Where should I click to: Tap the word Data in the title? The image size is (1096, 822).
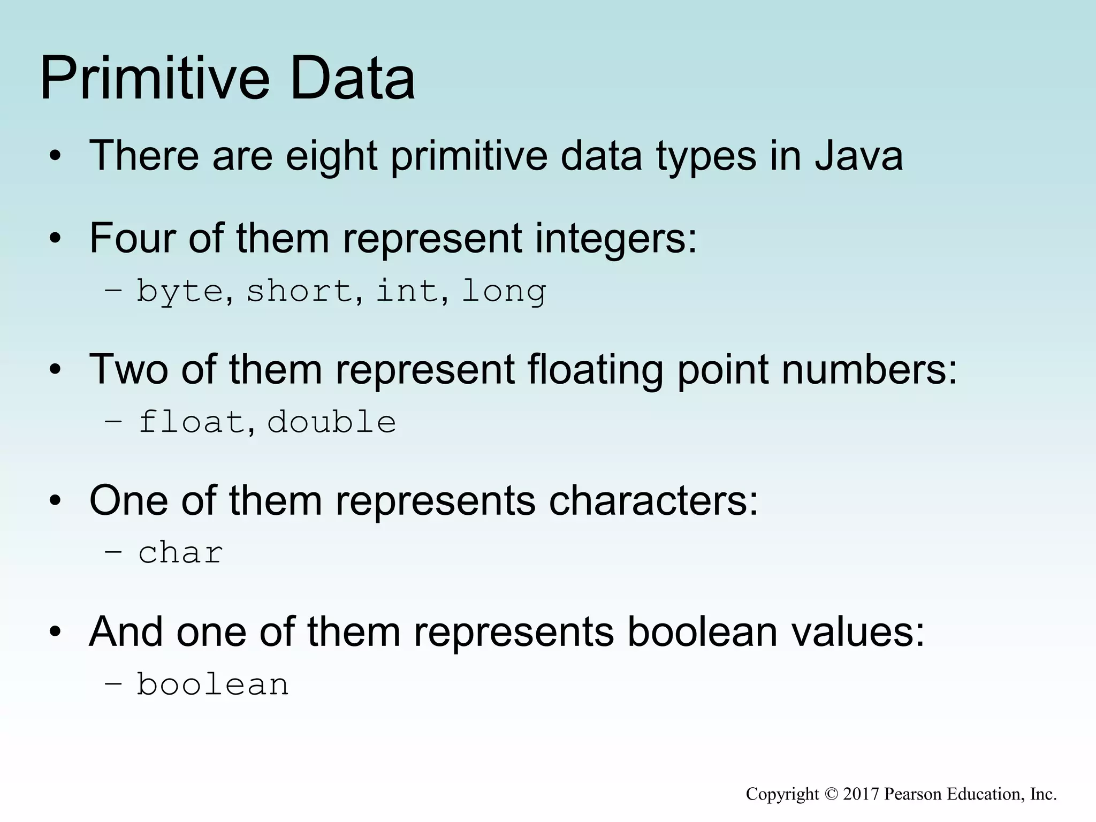tap(352, 79)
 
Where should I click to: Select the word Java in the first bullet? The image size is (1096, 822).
tap(859, 156)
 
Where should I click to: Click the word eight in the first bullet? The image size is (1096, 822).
tap(331, 156)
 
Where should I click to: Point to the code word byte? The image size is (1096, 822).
tap(180, 292)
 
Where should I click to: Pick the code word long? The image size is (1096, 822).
tap(504, 292)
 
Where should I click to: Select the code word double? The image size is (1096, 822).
tap(331, 422)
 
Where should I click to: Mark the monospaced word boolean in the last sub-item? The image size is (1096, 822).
tap(212, 684)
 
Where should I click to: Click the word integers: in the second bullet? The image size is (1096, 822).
tap(616, 238)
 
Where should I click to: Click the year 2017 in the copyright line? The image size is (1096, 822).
tap(861, 794)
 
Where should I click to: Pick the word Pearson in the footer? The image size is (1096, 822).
tap(913, 794)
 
